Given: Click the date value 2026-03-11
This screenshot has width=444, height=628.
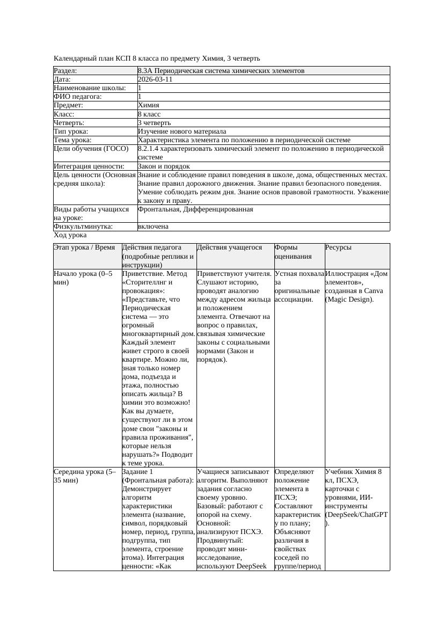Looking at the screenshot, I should click(x=155, y=79).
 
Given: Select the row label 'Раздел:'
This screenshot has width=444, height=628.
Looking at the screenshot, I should click(x=65, y=71).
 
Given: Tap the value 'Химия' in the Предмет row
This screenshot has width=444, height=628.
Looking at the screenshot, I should click(x=149, y=105).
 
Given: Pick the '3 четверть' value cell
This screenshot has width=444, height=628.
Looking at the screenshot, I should click(x=154, y=123).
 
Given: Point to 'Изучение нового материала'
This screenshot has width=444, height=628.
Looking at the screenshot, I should click(x=182, y=132).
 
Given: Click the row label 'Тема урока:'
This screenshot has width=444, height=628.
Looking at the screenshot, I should click(x=73, y=140).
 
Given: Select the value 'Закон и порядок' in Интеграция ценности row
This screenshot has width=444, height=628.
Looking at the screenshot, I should click(x=164, y=166).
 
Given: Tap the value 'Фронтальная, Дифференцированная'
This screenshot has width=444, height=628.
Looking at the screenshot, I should click(x=195, y=209).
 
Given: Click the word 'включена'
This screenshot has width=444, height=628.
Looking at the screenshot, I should click(x=153, y=227).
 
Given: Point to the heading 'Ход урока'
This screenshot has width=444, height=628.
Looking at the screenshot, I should click(x=70, y=235).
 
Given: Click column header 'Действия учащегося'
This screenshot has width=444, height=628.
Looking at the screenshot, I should click(x=229, y=247).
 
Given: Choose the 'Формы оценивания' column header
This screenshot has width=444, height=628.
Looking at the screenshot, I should click(x=290, y=252).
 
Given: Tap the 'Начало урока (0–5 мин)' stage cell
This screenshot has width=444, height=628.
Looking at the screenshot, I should click(x=83, y=278).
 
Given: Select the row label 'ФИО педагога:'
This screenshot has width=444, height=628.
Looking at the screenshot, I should click(x=78, y=97).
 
